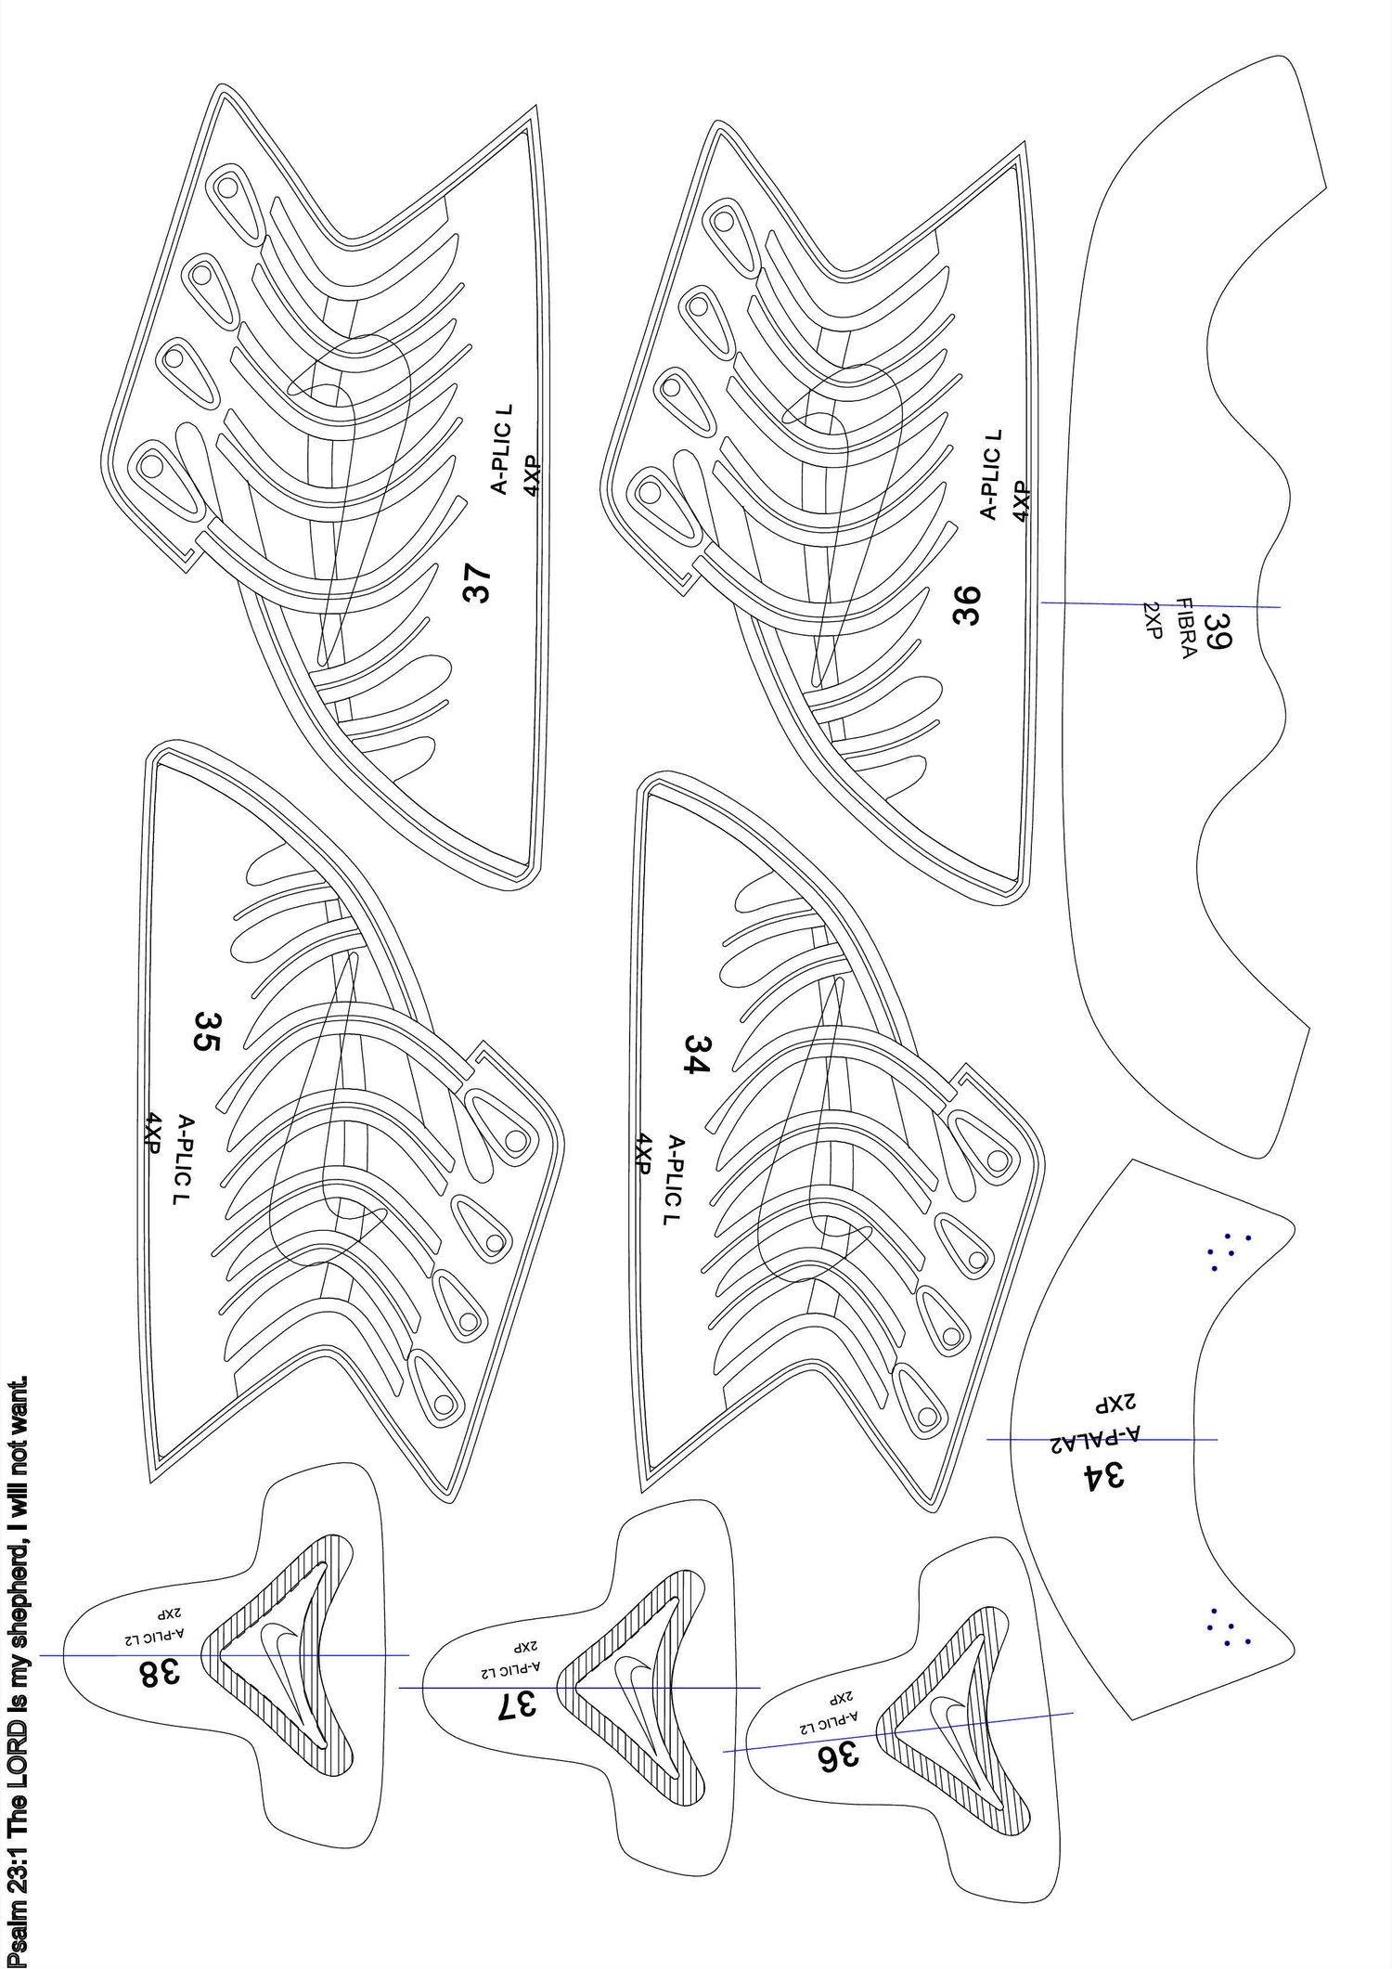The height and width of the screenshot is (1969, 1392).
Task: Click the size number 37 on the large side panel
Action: click(479, 586)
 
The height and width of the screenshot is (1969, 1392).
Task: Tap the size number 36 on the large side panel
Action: click(966, 603)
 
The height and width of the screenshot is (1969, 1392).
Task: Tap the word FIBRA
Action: click(1187, 627)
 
